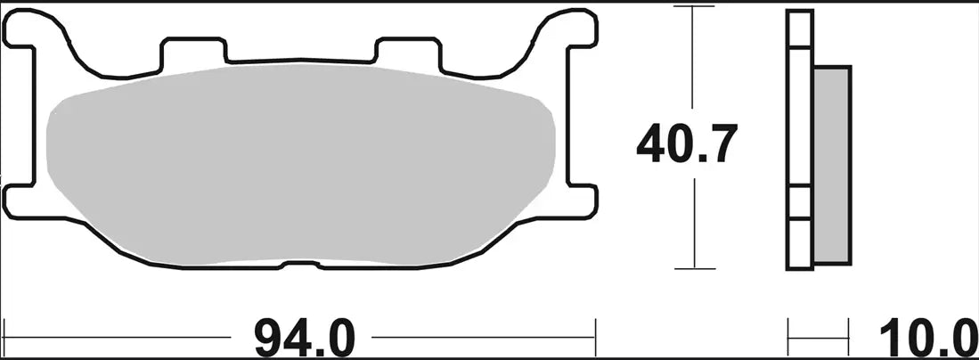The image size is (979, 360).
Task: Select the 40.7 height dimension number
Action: click(686, 145)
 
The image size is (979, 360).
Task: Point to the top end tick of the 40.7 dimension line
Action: click(694, 6)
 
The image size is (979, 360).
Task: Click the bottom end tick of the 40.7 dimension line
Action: click(694, 267)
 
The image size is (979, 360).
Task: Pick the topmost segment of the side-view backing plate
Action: click(799, 28)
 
